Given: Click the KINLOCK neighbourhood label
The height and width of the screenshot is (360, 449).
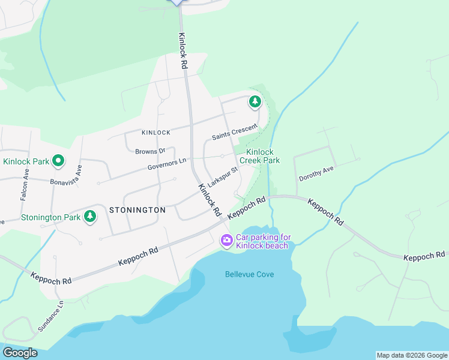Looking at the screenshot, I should (x=156, y=133).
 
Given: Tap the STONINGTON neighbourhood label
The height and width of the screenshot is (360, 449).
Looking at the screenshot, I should (x=137, y=210).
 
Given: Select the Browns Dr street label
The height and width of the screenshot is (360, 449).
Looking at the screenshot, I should (x=150, y=151).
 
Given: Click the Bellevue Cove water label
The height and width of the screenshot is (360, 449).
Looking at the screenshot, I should (x=250, y=274).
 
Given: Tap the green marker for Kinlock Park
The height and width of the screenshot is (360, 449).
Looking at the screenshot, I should (x=58, y=161).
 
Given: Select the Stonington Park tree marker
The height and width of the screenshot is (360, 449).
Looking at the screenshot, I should (x=90, y=216).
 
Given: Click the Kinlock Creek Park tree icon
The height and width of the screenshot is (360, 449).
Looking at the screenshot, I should (x=255, y=102).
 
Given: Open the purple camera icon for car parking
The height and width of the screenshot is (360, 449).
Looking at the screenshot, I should (x=226, y=241).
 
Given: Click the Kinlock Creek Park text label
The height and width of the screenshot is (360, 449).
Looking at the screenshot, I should (x=260, y=157).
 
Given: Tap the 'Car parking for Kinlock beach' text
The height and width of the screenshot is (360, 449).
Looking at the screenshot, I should (x=262, y=241).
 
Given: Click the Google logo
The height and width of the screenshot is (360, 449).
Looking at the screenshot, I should (x=20, y=353).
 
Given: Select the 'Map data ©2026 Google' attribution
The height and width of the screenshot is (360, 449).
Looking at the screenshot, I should (x=411, y=355).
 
